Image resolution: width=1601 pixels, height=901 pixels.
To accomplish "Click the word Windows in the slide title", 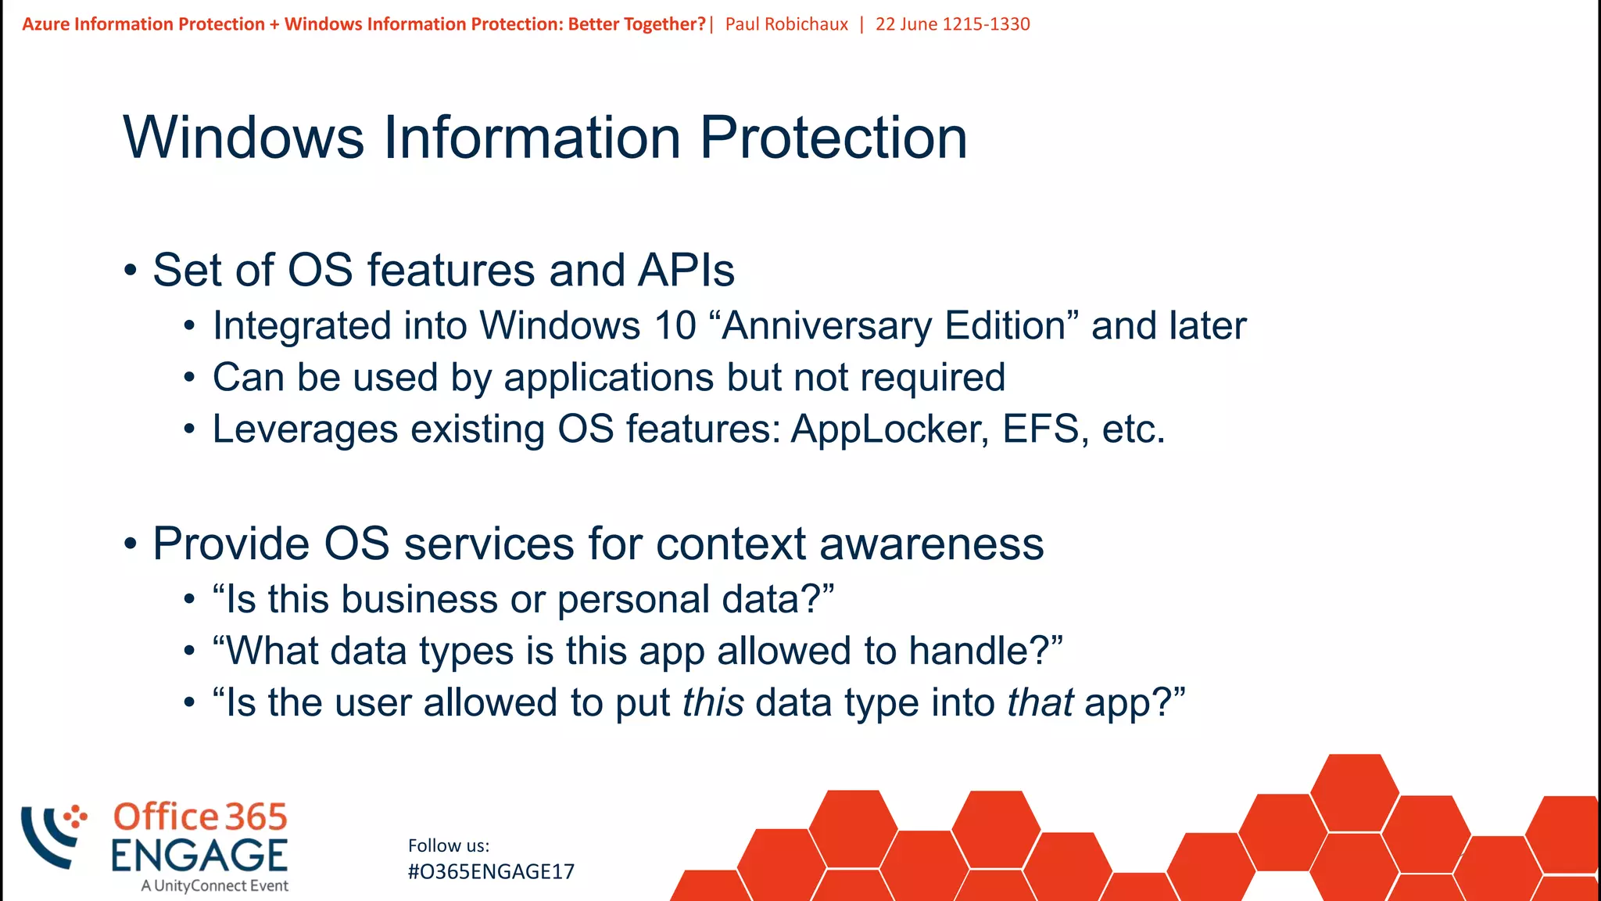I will click(x=243, y=138).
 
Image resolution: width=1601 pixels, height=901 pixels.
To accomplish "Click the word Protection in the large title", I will click(x=833, y=138).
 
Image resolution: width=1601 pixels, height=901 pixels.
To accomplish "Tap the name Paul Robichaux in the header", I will click(x=786, y=24).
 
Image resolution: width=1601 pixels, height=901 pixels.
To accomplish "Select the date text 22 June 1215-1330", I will click(x=952, y=24).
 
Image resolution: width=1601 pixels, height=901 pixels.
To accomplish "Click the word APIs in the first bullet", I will click(x=686, y=271).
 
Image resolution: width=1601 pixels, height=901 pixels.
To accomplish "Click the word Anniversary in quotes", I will click(x=826, y=325).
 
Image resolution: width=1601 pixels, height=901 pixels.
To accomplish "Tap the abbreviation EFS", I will click(x=1044, y=429).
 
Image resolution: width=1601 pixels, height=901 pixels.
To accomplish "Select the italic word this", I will click(x=712, y=702).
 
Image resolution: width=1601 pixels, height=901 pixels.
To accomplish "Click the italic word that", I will click(x=1040, y=702).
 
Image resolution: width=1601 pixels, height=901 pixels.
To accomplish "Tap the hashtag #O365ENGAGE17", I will click(x=491, y=871).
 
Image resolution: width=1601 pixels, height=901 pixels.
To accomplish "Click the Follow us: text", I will click(x=449, y=845).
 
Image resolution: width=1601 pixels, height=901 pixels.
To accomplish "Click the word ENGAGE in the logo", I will click(x=199, y=855).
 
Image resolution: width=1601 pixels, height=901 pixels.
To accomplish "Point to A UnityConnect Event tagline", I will click(x=214, y=886).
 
